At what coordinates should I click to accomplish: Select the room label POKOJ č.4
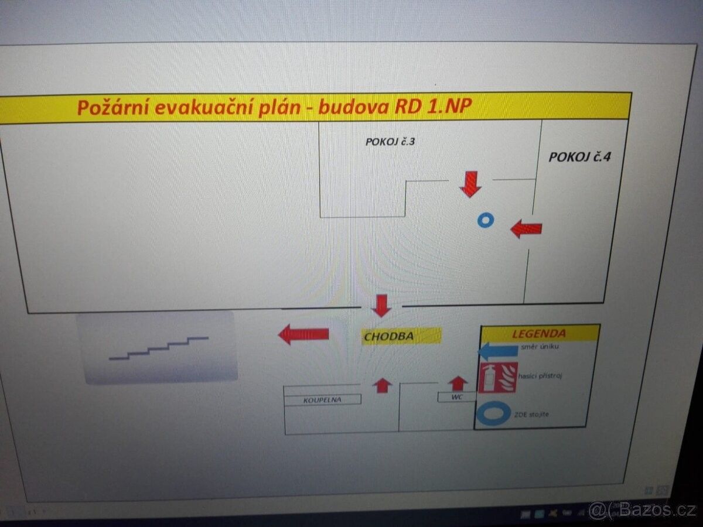click(579, 157)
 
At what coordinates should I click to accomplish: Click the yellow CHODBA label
click(389, 337)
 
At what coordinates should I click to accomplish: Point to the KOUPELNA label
click(322, 400)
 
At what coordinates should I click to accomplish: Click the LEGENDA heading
click(539, 334)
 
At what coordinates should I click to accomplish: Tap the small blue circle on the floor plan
click(485, 221)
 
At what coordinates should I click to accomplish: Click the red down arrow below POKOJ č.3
click(470, 184)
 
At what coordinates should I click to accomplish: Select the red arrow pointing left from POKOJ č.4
click(526, 228)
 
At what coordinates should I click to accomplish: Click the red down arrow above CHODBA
click(381, 305)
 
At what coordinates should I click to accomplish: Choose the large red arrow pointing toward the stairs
click(303, 334)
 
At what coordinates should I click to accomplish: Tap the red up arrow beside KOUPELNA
click(382, 385)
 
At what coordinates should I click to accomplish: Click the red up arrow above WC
click(458, 383)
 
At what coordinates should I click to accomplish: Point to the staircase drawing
click(159, 348)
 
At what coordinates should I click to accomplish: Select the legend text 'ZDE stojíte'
click(531, 415)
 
